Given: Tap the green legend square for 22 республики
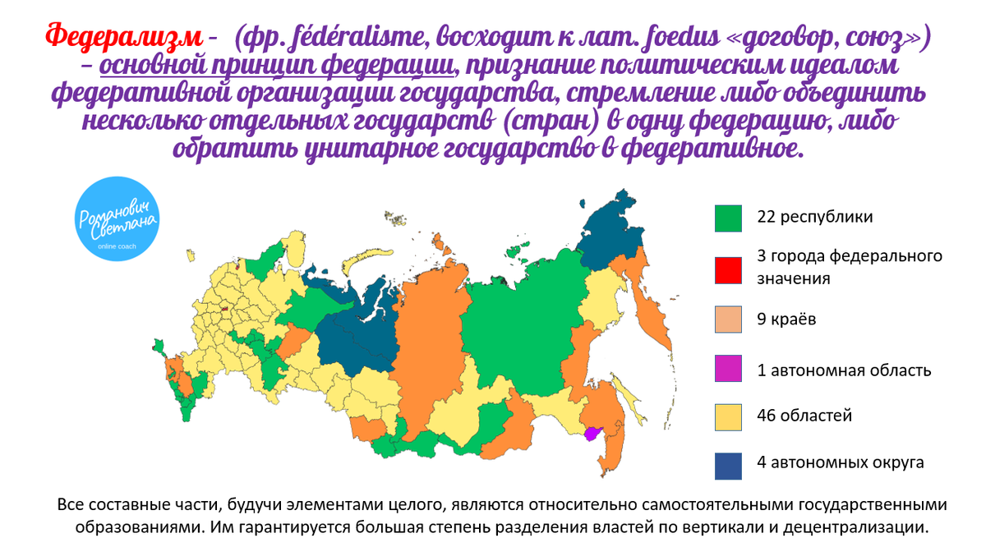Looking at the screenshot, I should [728, 218].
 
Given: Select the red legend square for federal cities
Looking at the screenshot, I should [728, 269].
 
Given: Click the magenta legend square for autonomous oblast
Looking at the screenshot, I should [728, 370].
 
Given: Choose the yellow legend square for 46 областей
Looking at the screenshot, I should [728, 416].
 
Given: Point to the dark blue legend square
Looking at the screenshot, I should [728, 464].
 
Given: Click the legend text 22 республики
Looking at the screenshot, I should [814, 218].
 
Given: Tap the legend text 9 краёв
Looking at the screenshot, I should [787, 319].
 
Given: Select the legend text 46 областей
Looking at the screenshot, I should [804, 416].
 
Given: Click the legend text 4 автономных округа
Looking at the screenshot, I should [840, 462].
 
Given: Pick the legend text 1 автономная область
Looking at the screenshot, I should [844, 370].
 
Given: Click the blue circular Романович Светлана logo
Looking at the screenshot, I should [117, 222].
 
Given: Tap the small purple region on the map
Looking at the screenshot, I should [592, 434].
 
